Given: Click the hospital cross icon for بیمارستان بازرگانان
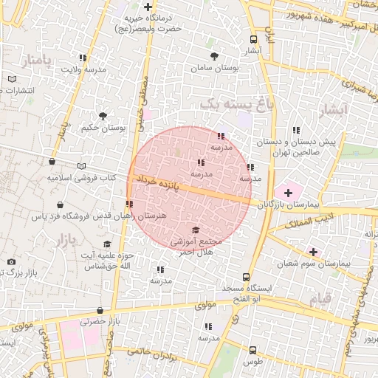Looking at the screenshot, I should pos(288,192).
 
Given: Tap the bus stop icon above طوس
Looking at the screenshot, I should pos(253,350).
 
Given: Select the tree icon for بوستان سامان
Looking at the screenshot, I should pos(214,56).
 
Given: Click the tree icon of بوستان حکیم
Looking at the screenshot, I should pos(103,116).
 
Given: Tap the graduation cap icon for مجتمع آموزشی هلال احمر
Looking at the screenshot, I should pos(196,230).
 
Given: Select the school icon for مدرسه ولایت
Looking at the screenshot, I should pos(83,58).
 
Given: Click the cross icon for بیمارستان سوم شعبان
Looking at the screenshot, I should pos(314,252).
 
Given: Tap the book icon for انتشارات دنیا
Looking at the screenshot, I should pos(12,79).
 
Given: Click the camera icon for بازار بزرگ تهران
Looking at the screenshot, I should pos(11,262).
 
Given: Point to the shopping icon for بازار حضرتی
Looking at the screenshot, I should pos(100,311).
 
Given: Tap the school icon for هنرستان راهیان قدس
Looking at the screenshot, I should pos(129,204).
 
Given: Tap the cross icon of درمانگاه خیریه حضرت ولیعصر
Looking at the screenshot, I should pos(148,7).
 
